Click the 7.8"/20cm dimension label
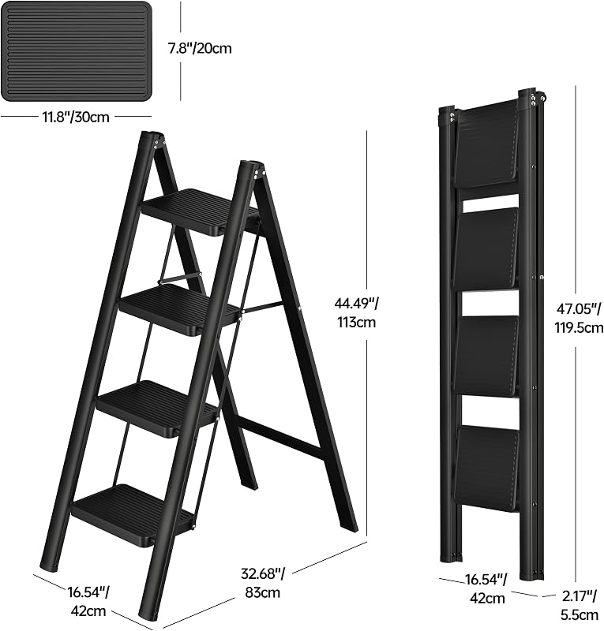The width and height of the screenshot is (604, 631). click(x=200, y=48)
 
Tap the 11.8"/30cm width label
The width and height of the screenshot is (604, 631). click(x=75, y=117)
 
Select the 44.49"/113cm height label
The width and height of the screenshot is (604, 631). click(x=355, y=312)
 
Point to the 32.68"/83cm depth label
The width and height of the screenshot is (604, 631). click(x=262, y=582)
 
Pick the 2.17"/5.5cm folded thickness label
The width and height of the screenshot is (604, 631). click(x=580, y=603)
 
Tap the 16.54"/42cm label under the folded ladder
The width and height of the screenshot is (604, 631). click(x=486, y=588)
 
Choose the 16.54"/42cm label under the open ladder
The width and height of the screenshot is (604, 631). click(x=88, y=602)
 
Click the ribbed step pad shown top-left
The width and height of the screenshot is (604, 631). click(x=76, y=51)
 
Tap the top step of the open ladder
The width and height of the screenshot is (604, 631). click(x=201, y=211)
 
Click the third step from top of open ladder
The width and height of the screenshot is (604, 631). click(x=159, y=408)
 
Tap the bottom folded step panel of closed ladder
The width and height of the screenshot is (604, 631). click(x=488, y=469)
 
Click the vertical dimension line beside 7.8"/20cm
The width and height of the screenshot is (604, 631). click(x=180, y=51)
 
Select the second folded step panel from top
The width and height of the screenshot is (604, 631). click(x=486, y=249)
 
